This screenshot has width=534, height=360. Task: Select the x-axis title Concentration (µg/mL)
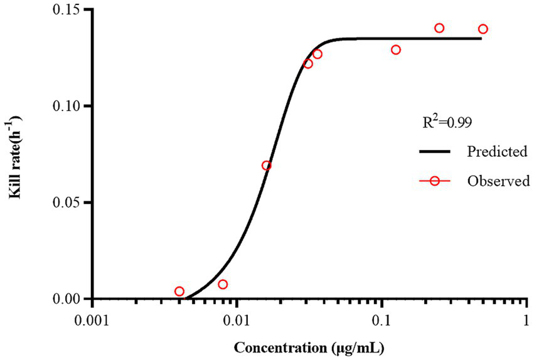[308, 346]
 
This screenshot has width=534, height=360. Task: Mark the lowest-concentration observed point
[179, 291]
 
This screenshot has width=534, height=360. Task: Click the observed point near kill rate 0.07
[267, 166]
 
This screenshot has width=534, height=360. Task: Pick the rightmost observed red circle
[483, 29]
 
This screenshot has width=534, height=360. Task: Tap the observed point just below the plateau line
[396, 50]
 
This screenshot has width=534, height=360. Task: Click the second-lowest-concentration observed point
[223, 284]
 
